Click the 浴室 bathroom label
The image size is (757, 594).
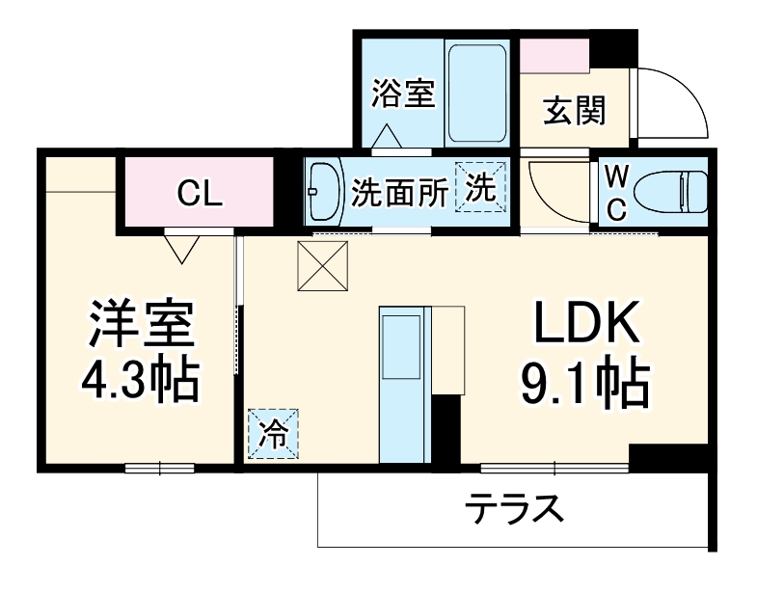(403, 94)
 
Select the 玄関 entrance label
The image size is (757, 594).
(574, 112)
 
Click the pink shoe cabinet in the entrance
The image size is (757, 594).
(554, 57)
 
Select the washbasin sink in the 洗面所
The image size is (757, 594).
(324, 191)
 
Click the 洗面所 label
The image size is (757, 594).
(399, 193)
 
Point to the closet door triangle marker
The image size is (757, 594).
(182, 250)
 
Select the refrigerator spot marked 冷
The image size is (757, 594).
(273, 435)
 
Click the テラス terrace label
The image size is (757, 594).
(514, 508)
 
